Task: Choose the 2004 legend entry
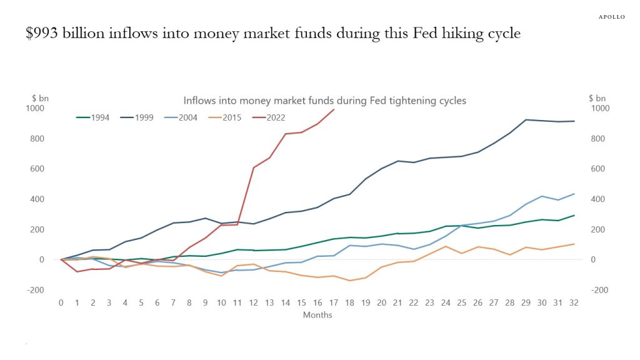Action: [189, 117]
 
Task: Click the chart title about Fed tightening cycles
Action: [324, 101]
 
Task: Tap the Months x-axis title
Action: [317, 315]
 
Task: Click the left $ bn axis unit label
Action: [41, 98]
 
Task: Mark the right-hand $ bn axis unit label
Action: [597, 98]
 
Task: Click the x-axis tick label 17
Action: [334, 302]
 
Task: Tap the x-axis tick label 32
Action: [574, 302]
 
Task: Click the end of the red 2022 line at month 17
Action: [334, 109]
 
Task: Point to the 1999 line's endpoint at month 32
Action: [574, 121]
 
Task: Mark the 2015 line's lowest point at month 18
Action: [349, 281]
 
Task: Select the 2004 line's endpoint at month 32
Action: [574, 194]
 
